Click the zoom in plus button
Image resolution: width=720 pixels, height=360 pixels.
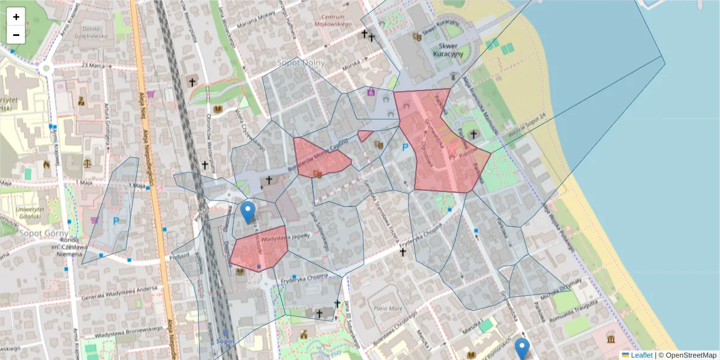click(16, 17)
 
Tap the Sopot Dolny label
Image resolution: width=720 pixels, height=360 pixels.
click(301, 62)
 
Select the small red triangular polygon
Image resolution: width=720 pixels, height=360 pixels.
click(364, 136)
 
